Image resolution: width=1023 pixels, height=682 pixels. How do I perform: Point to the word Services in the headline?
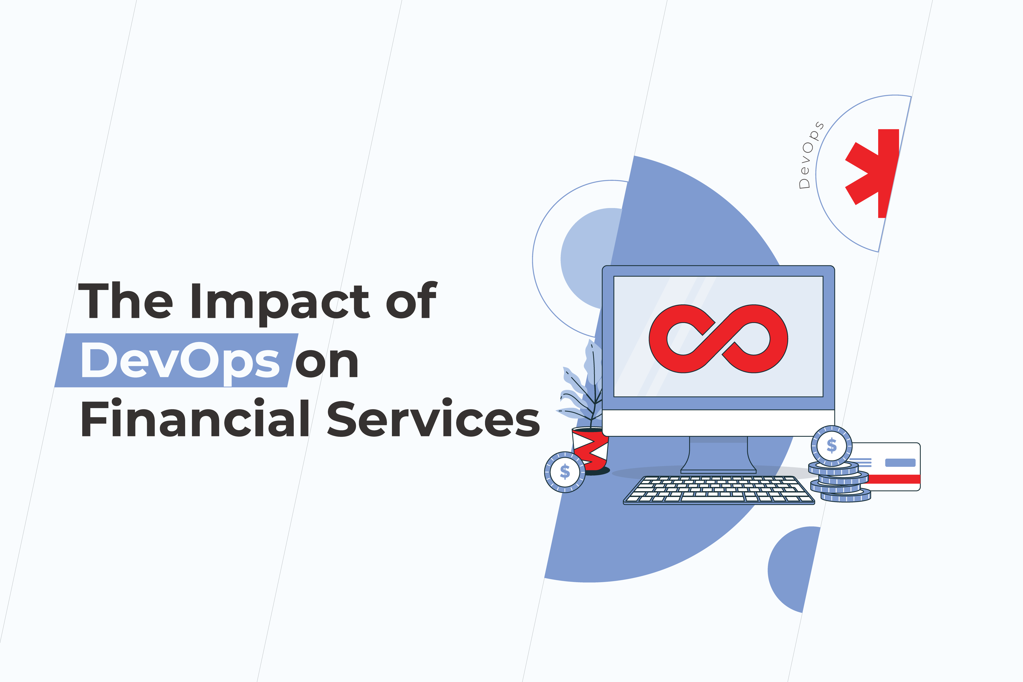click(x=433, y=418)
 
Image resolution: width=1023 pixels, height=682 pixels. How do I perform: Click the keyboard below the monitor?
click(x=719, y=490)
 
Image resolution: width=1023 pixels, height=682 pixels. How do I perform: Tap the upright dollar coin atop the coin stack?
click(x=832, y=446)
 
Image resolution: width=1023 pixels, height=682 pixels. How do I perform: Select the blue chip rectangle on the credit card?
click(x=900, y=462)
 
